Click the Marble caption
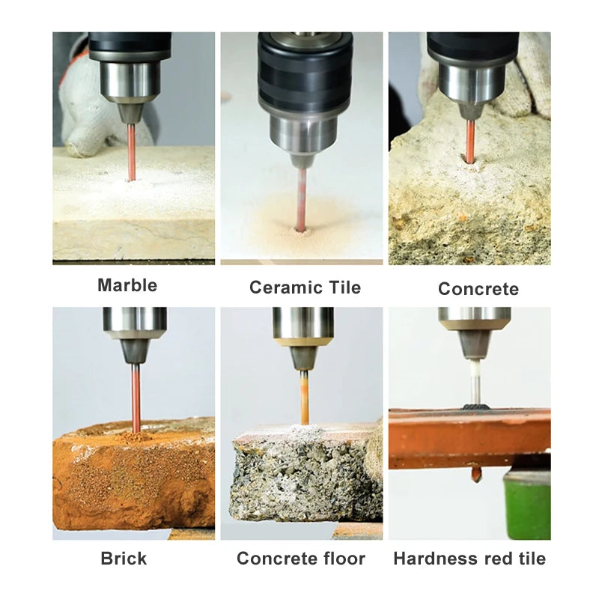[127, 285]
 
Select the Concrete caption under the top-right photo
[478, 289]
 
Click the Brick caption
[124, 559]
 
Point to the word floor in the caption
[340, 559]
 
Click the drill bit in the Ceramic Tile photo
[301, 198]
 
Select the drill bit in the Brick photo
[136, 397]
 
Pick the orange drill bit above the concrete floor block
[305, 397]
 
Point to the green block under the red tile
[528, 502]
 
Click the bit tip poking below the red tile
[475, 473]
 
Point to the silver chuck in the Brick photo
[135, 322]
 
